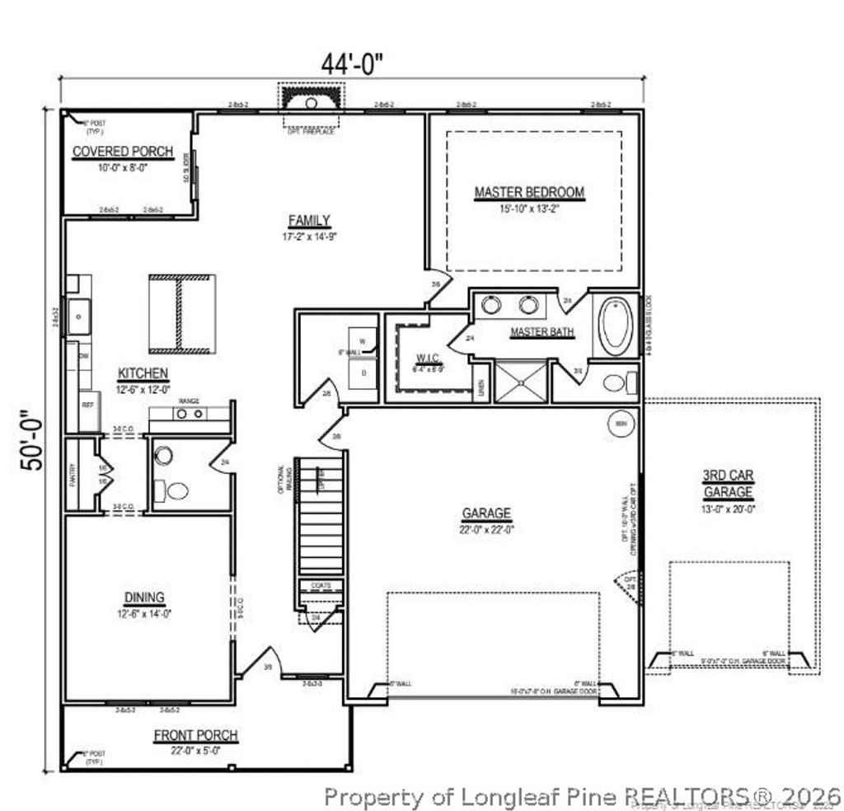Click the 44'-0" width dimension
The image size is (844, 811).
pyautogui.click(x=353, y=63)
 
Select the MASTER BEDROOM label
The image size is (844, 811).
pyautogui.click(x=529, y=192)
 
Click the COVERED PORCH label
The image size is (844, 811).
pyautogui.click(x=123, y=152)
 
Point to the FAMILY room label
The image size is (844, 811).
pyautogui.click(x=309, y=220)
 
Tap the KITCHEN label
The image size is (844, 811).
pyautogui.click(x=143, y=373)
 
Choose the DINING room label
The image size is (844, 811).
pyautogui.click(x=144, y=597)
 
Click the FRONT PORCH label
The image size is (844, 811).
pyautogui.click(x=195, y=735)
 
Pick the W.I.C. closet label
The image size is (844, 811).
pyautogui.click(x=427, y=359)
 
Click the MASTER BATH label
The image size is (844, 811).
pyautogui.click(x=542, y=332)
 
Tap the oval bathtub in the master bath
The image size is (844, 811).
pyautogui.click(x=615, y=326)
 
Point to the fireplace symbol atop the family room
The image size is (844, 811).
pyautogui.click(x=312, y=102)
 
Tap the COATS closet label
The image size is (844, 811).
pyautogui.click(x=321, y=586)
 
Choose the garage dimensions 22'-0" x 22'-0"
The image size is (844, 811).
pyautogui.click(x=486, y=530)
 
